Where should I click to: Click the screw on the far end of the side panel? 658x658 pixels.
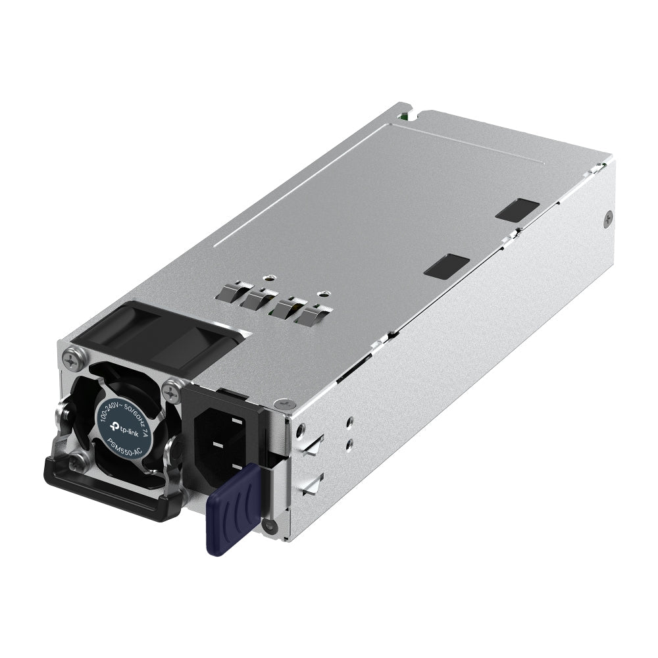608,215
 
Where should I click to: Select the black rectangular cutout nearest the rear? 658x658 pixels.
517,209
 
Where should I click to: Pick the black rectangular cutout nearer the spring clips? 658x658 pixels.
447,266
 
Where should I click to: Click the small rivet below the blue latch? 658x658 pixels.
267,525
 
